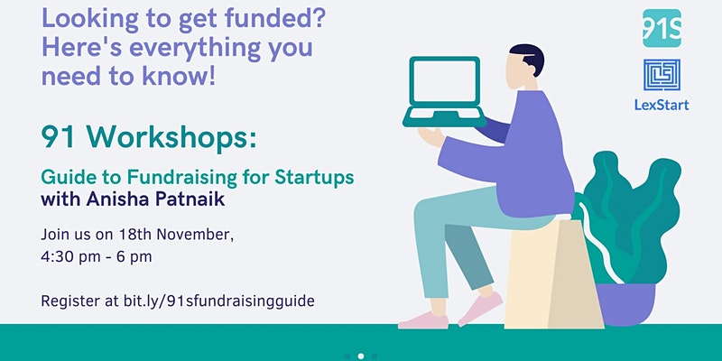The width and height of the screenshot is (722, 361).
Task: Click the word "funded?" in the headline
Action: coord(276,19)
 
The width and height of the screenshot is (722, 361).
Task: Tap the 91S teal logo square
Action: coord(662,28)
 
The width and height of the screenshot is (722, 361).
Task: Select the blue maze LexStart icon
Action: coord(662,75)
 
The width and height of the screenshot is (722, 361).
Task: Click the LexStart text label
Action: coord(662,105)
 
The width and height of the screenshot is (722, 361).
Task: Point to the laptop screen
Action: coord(444,82)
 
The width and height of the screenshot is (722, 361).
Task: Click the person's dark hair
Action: coord(530,57)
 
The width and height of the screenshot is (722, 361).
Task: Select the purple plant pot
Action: coord(625,304)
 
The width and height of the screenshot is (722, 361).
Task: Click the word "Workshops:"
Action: coord(171,136)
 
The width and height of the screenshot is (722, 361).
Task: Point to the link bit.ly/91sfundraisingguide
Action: coord(218,301)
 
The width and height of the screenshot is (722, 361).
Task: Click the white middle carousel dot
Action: coord(360,356)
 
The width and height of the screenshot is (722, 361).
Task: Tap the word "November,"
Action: coord(195,235)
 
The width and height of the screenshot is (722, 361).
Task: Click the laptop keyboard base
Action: coord(444,116)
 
